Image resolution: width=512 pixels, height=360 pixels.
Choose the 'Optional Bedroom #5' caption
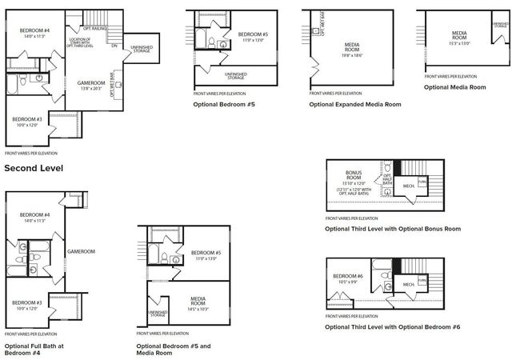pos(223,104)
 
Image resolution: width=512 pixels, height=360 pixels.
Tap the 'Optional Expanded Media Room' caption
pos(354,104)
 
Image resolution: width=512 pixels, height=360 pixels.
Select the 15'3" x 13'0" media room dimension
pos(459,43)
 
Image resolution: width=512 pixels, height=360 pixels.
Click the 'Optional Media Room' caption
pos(454,86)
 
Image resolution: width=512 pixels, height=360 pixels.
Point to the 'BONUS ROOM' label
pos(354,175)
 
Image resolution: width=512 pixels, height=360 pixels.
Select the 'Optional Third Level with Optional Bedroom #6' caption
pos(392,327)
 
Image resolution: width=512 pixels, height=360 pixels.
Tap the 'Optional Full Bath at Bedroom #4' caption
pos(34,350)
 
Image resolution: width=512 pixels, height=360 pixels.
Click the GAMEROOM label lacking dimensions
pos(81,251)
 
